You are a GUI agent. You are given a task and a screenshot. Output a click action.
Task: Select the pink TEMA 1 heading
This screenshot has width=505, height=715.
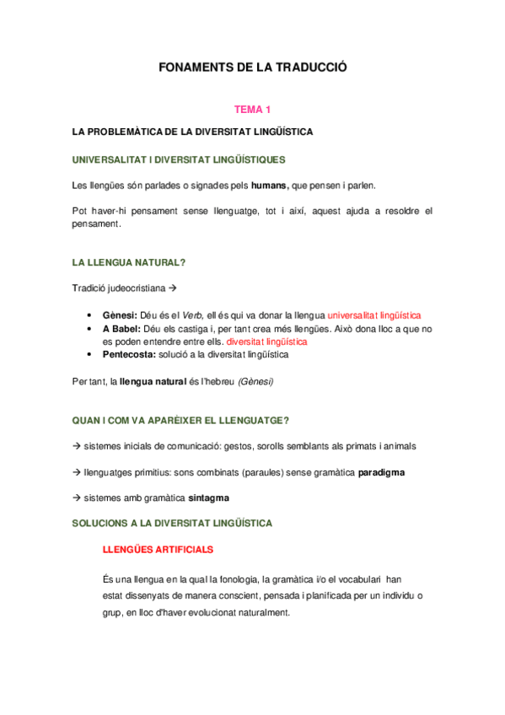(252, 110)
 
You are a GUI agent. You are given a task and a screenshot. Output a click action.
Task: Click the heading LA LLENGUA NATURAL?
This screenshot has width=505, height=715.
(129, 263)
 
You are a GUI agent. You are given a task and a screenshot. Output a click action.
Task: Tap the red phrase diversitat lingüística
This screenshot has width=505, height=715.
(261, 341)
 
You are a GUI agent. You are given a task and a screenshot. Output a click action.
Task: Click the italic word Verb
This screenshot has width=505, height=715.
(195, 314)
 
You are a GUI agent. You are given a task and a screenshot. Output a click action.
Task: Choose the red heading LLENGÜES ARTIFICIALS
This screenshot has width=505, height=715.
(157, 549)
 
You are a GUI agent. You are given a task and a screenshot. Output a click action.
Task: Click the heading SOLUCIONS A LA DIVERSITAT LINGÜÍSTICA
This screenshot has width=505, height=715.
(173, 523)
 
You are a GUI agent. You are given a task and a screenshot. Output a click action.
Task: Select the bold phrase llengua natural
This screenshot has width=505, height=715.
(153, 381)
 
